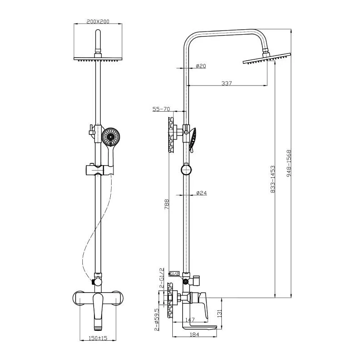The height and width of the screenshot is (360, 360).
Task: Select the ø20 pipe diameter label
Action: (201, 66)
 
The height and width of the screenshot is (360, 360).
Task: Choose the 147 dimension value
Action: (189, 320)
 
